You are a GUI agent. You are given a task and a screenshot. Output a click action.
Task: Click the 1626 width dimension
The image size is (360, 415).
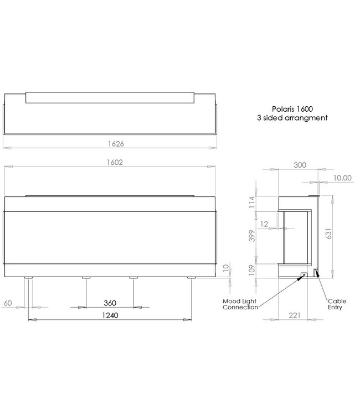click(111, 143)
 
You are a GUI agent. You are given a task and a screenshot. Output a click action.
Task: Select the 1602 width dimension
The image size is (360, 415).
click(111, 163)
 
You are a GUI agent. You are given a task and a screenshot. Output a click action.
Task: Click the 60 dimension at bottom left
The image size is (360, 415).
click(9, 303)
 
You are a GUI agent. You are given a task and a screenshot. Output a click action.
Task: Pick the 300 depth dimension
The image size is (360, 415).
click(300, 165)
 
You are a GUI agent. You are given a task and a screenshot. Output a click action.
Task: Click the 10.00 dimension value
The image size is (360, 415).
click(343, 178)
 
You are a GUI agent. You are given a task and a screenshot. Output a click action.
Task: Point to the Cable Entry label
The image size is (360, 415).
click(337, 305)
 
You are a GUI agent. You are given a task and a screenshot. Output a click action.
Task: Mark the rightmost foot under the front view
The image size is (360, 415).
click(191, 278)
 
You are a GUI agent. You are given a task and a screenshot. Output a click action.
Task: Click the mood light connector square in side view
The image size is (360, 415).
click(304, 274)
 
